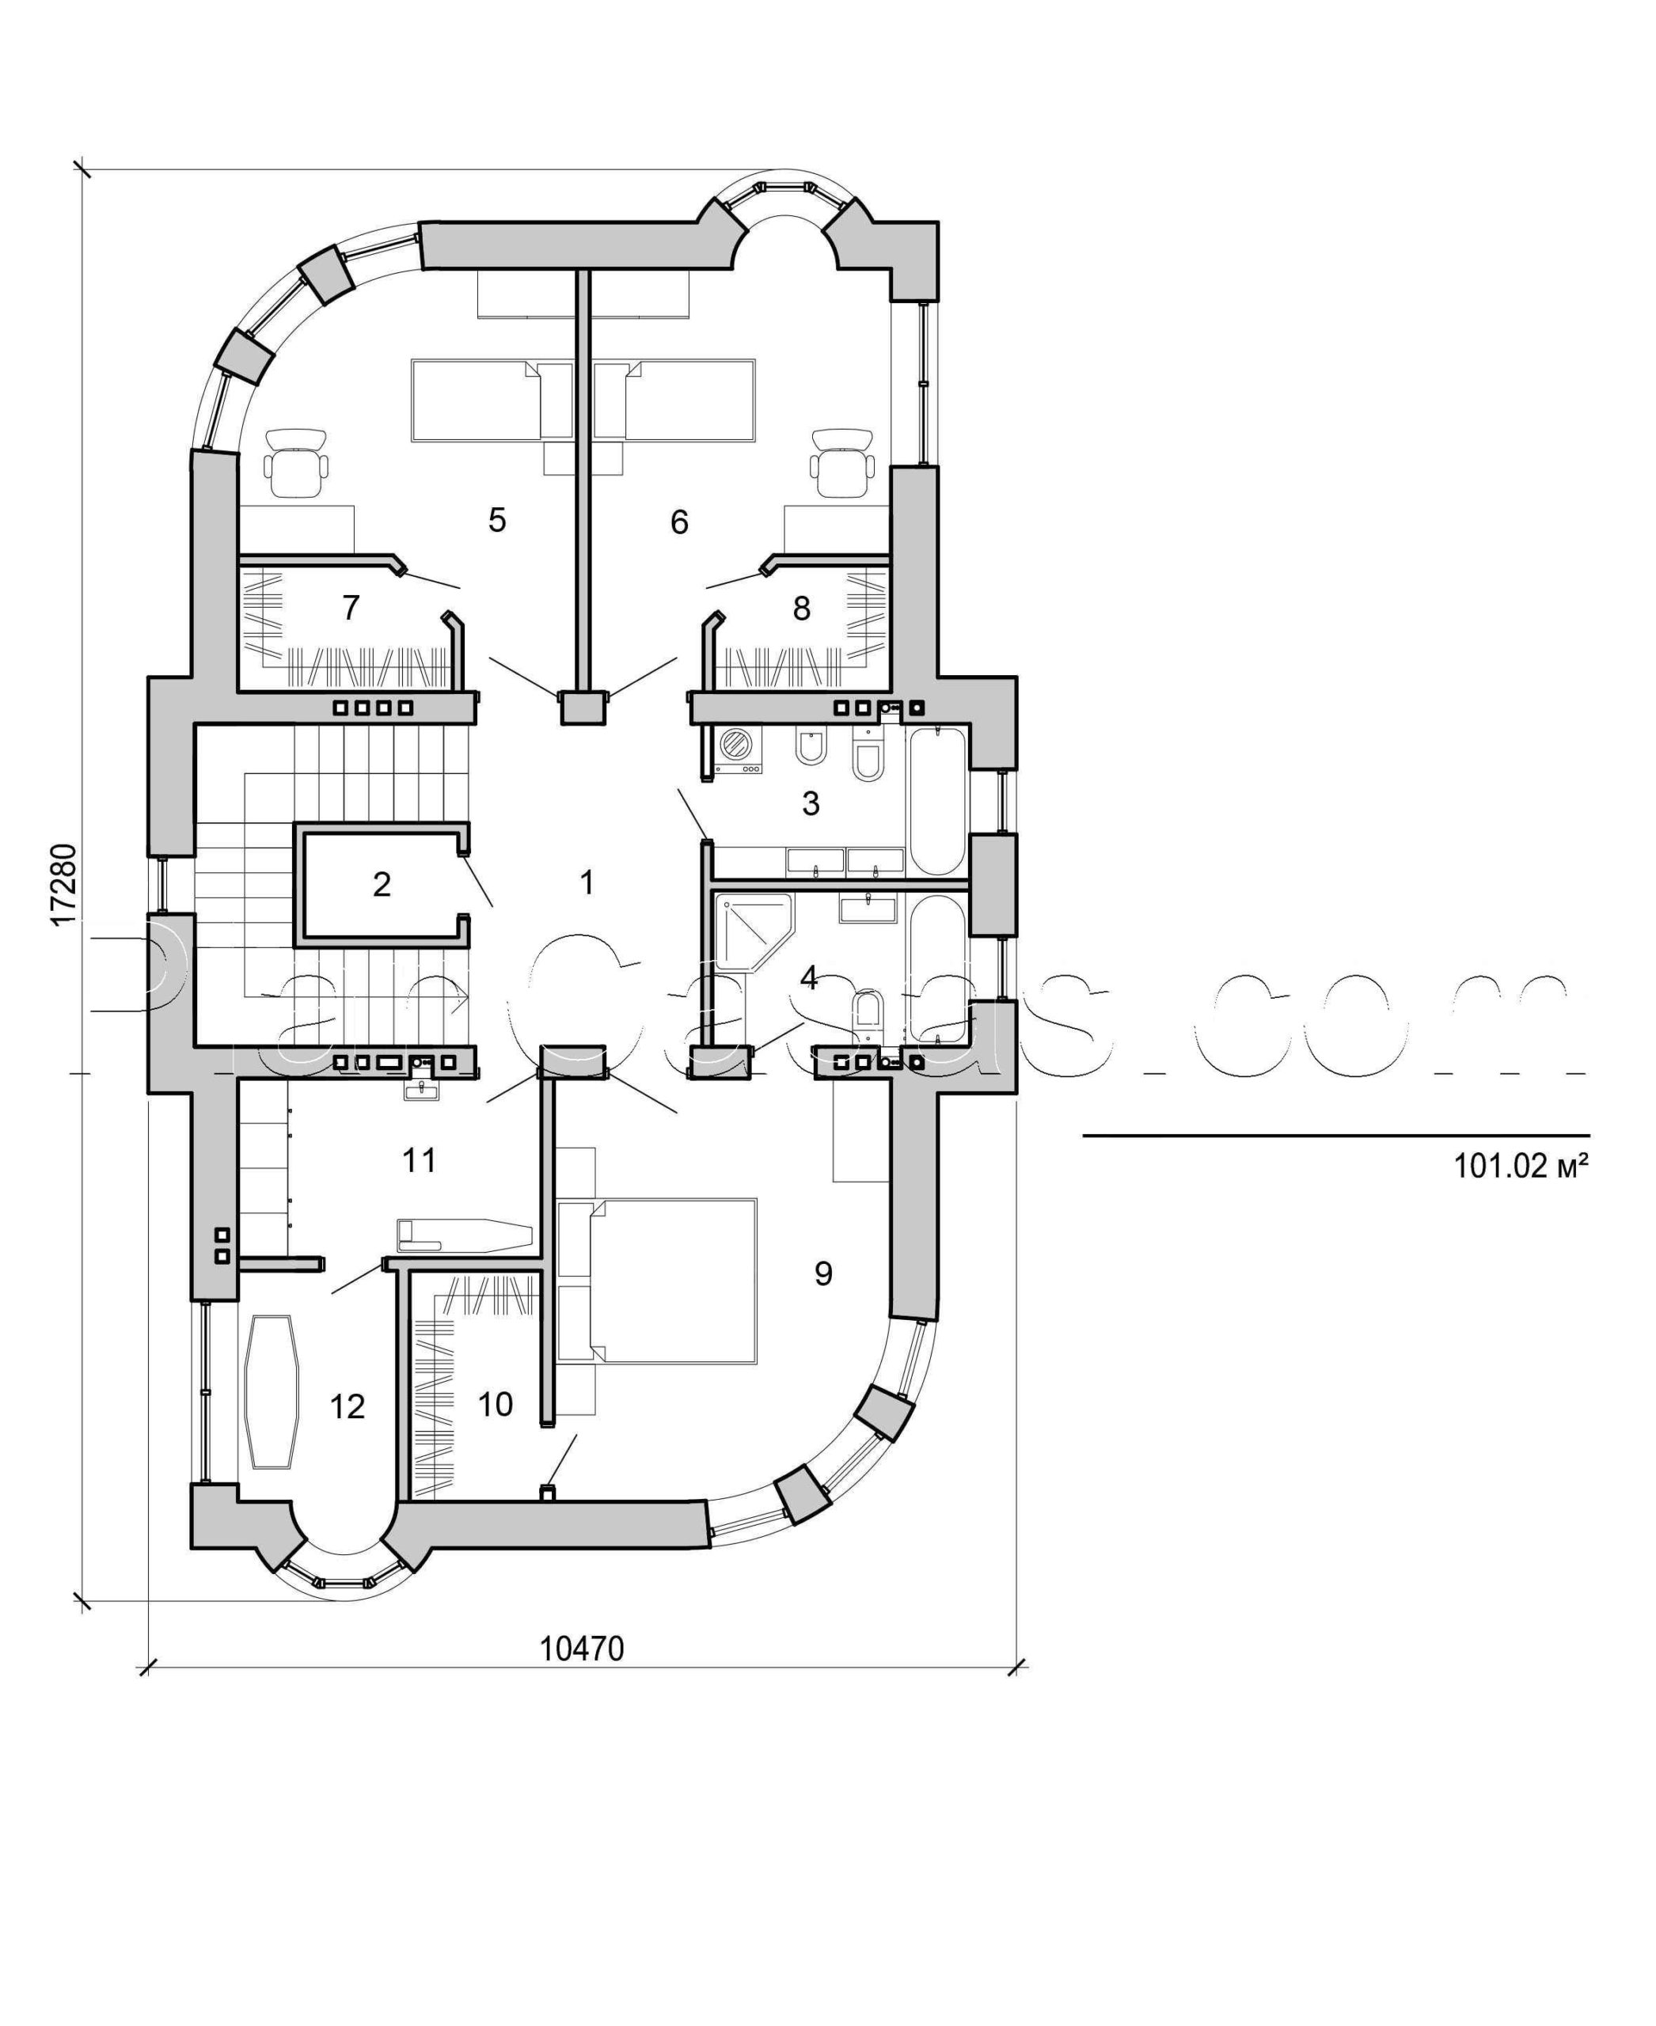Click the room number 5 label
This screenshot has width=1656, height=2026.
click(497, 520)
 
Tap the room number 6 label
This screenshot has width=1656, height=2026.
click(679, 522)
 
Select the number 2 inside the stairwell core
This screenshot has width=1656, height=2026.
click(382, 884)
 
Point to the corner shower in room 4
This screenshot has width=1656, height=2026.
click(750, 930)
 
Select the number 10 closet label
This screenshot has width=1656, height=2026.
click(495, 1403)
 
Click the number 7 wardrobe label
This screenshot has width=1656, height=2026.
click(350, 607)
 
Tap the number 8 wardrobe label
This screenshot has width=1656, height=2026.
click(801, 608)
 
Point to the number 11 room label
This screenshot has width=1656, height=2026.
click(419, 1161)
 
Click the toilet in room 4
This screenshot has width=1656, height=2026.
click(868, 1013)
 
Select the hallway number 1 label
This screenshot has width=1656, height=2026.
click(587, 882)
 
